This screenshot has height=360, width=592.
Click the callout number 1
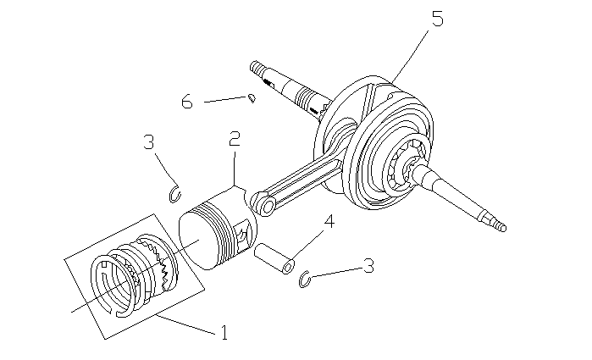tap(224, 332)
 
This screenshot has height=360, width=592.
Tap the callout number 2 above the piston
tap(234, 140)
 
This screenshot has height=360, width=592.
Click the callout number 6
tap(187, 102)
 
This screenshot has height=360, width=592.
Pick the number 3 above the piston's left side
tap(149, 141)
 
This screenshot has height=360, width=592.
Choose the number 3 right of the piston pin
tap(368, 265)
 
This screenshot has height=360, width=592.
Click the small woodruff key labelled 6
tap(252, 98)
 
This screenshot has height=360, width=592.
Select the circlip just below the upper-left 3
tap(176, 193)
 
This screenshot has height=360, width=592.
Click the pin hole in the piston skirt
tap(246, 234)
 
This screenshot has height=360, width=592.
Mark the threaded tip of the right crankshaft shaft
tap(501, 226)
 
